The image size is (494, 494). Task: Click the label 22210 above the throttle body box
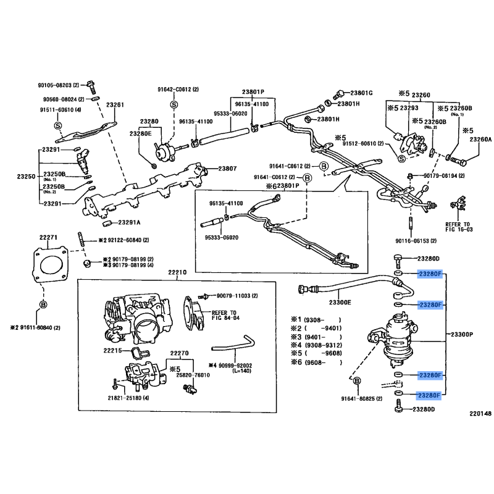click(176, 272)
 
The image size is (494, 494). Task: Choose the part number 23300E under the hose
click(340, 303)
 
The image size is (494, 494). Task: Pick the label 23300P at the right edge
click(462, 334)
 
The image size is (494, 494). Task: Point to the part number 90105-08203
click(58, 85)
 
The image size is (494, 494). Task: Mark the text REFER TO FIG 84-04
click(224, 316)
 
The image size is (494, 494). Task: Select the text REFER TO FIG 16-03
click(458, 227)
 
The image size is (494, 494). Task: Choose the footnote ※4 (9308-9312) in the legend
click(316, 346)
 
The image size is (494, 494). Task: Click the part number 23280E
click(140, 133)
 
